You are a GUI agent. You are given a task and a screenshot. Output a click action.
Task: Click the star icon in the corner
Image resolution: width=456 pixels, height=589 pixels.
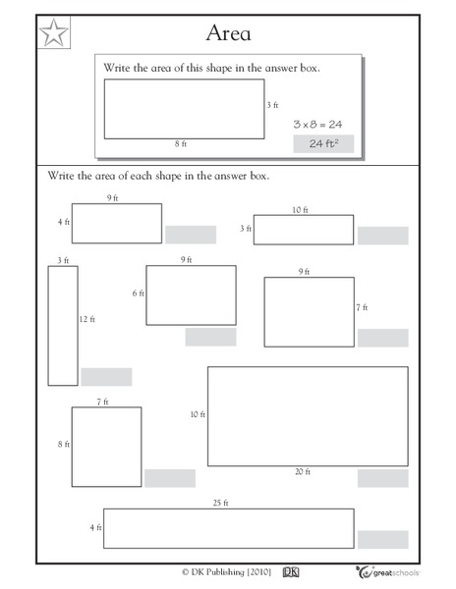click(55, 34)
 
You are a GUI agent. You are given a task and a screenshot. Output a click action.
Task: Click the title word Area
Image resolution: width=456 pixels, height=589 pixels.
click(228, 33)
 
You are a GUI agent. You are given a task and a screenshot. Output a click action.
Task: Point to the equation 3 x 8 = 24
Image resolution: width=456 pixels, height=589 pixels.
click(317, 125)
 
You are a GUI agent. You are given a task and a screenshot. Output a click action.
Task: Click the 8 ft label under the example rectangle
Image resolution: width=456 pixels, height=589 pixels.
click(181, 144)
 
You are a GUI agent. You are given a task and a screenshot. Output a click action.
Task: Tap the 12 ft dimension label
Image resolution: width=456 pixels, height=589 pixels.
click(88, 320)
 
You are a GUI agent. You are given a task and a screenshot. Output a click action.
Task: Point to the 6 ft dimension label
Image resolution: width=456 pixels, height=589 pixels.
click(139, 294)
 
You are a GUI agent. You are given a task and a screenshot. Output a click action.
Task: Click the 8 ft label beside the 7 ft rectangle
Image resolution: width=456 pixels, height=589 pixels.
click(64, 445)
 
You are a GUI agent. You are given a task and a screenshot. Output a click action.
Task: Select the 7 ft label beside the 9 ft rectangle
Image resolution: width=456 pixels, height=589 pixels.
click(363, 307)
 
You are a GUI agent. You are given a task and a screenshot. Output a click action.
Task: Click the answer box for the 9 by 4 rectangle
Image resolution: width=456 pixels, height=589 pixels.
click(190, 234)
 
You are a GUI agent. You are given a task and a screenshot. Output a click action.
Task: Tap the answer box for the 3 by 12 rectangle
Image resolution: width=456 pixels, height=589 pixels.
click(106, 377)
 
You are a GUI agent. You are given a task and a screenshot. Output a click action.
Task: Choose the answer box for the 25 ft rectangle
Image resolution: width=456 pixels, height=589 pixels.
click(382, 539)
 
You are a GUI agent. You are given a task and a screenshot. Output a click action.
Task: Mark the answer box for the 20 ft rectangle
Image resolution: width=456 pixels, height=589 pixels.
click(382, 478)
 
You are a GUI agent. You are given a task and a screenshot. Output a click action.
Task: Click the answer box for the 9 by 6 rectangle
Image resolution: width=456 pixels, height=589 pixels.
click(210, 337)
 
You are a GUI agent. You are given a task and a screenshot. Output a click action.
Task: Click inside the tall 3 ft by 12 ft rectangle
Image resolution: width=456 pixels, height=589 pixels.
click(63, 325)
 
